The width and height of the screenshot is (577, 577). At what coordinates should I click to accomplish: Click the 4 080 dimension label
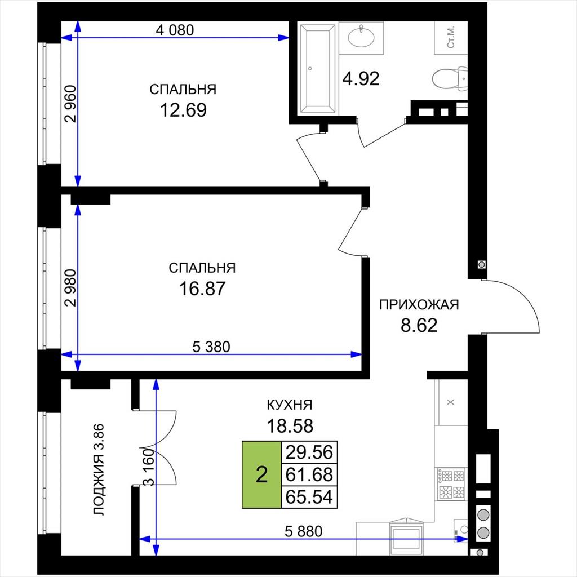tap(175, 30)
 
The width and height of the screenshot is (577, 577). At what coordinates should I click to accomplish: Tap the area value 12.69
tap(183, 110)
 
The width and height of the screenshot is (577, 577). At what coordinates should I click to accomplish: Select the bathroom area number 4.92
tap(361, 78)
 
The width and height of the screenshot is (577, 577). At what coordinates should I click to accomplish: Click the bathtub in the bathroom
tap(318, 68)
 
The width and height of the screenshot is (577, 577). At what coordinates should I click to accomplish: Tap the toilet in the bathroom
tap(449, 78)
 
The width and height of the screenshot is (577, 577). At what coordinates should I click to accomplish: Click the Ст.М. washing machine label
tap(451, 37)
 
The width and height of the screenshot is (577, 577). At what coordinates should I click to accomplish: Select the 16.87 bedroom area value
tap(202, 288)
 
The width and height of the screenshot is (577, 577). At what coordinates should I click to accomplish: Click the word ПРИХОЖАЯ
tap(419, 305)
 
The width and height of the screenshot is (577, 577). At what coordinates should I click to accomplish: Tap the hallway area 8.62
tap(419, 325)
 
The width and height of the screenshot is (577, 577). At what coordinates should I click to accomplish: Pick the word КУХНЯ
tap(290, 405)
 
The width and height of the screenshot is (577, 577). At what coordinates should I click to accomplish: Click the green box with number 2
tap(261, 474)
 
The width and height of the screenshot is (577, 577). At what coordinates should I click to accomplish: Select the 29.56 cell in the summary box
tap(309, 452)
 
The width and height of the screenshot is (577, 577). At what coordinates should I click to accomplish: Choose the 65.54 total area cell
tap(309, 497)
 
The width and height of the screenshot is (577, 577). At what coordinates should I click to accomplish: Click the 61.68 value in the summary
tap(309, 474)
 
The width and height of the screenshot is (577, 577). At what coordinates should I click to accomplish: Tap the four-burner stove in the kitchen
tap(451, 483)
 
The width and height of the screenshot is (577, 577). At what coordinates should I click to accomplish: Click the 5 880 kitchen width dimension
tap(304, 531)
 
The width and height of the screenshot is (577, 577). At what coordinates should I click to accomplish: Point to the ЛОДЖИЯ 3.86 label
tap(99, 469)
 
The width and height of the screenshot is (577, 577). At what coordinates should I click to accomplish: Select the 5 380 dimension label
tap(211, 347)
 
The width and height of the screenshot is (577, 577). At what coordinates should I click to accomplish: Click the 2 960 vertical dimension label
tap(70, 104)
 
